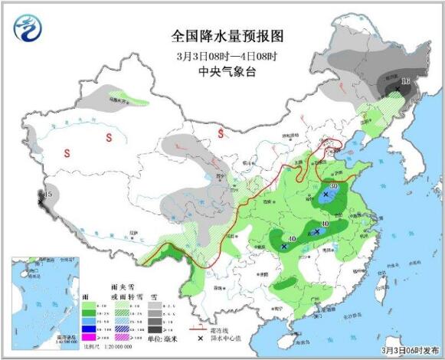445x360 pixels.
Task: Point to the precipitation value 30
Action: coord(334,186)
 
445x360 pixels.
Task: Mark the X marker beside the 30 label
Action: coord(326,195)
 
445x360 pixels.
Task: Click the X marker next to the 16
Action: coord(398,89)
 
